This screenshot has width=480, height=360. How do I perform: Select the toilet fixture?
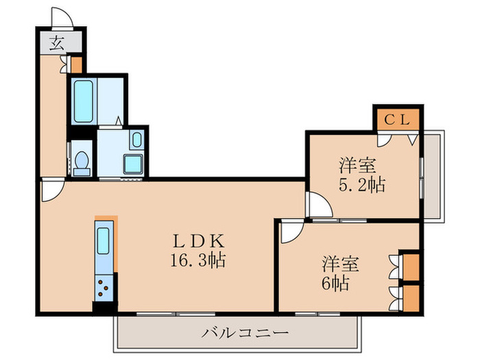pos(81,160)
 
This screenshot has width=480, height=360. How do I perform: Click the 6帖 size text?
pos(337,282)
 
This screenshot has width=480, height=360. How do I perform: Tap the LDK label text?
pos(197,241)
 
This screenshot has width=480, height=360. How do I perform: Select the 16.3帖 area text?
pos(197,261)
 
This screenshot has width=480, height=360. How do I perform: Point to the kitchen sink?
pos(104,242)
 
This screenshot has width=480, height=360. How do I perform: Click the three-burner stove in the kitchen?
pos(104,287)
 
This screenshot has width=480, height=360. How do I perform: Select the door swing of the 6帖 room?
pos(291,232)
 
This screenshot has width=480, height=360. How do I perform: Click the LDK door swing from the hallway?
pos(51,191)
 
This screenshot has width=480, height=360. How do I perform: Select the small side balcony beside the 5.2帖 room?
pos(433,175)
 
